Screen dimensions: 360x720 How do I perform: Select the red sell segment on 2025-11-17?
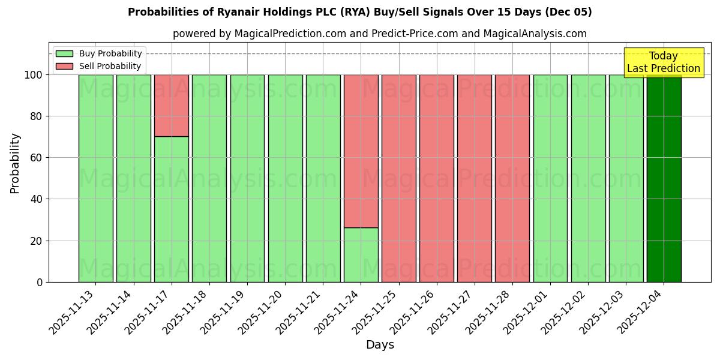[x=172, y=106]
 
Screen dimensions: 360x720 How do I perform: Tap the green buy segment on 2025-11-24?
[x=361, y=254]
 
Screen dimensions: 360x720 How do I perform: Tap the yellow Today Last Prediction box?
[x=663, y=62]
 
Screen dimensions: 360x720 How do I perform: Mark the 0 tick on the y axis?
[x=40, y=282]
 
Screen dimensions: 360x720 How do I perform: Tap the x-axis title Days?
[x=380, y=345]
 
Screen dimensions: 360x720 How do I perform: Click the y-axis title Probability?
[x=15, y=163]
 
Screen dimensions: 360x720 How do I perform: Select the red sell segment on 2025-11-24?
[x=361, y=151]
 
